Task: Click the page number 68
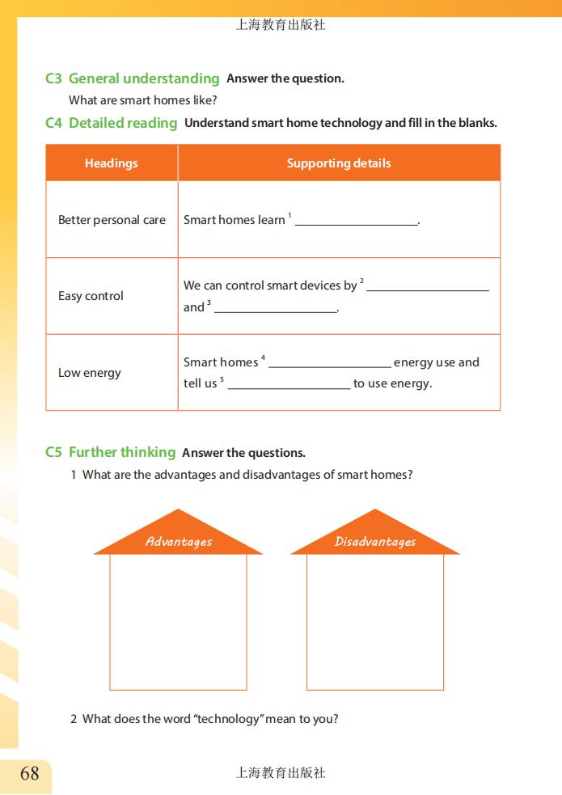[29, 773]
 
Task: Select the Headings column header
[112, 163]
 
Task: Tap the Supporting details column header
[339, 163]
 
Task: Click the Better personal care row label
[112, 220]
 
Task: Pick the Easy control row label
[91, 296]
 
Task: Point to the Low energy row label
[89, 373]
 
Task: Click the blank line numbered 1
[356, 222]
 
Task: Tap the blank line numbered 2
[428, 288]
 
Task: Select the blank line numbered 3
[275, 310]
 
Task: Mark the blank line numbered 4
[330, 365]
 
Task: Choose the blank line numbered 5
[289, 387]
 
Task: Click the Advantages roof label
[179, 542]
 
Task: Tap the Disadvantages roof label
[375, 542]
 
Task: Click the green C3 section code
[53, 78]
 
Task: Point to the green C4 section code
[53, 123]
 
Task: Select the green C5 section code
[53, 452]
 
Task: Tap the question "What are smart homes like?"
[143, 100]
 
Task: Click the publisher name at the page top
[281, 25]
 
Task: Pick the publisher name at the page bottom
[281, 773]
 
